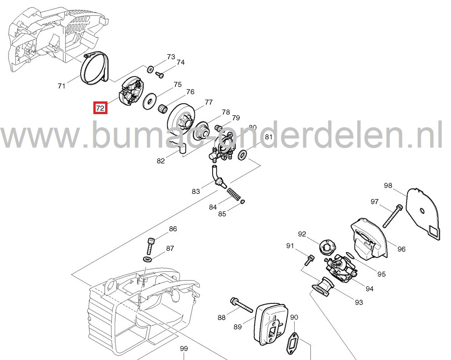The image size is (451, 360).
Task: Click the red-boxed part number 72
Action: [x=100, y=109]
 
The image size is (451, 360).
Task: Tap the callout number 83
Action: [x=196, y=192]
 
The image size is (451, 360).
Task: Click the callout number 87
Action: [x=170, y=248]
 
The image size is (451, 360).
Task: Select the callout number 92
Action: [x=302, y=234]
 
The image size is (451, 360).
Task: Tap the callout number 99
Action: [x=184, y=348]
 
